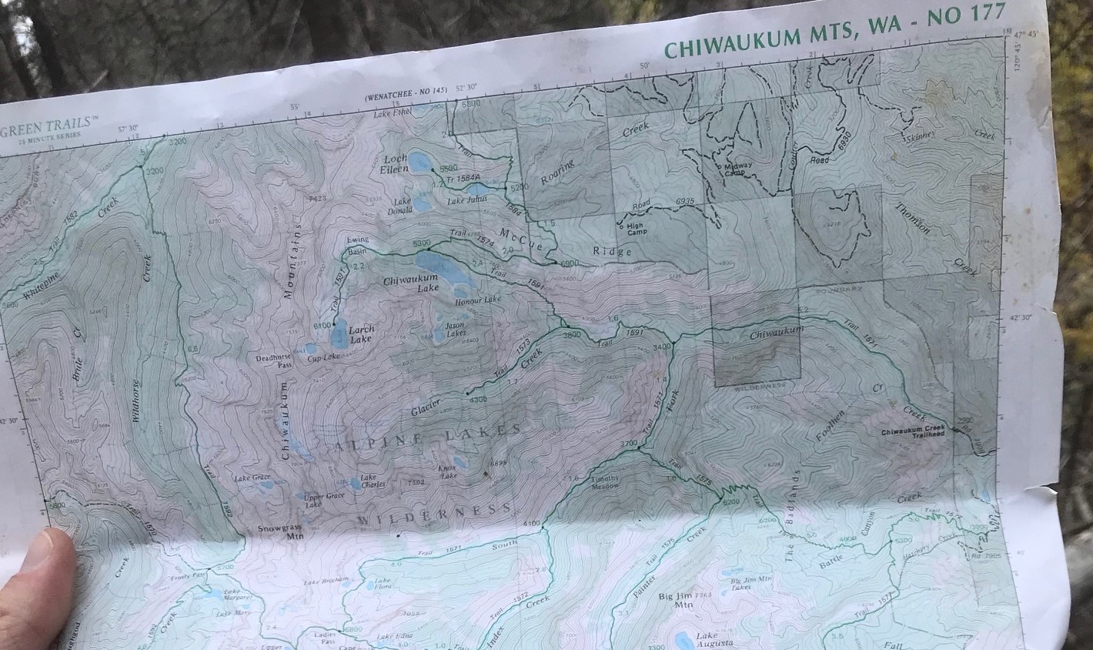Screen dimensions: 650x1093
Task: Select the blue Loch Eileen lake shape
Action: click(419, 162)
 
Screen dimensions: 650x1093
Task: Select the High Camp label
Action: click(637, 229)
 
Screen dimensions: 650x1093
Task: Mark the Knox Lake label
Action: click(448, 470)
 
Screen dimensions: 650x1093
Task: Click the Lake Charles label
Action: click(373, 481)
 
